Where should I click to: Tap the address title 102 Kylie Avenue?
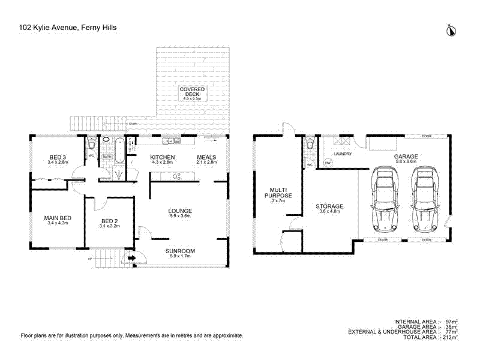(68, 27)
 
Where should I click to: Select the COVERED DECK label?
(193, 92)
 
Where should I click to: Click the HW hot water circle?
(328, 163)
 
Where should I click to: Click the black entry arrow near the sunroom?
(130, 259)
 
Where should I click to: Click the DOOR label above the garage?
(427, 136)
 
